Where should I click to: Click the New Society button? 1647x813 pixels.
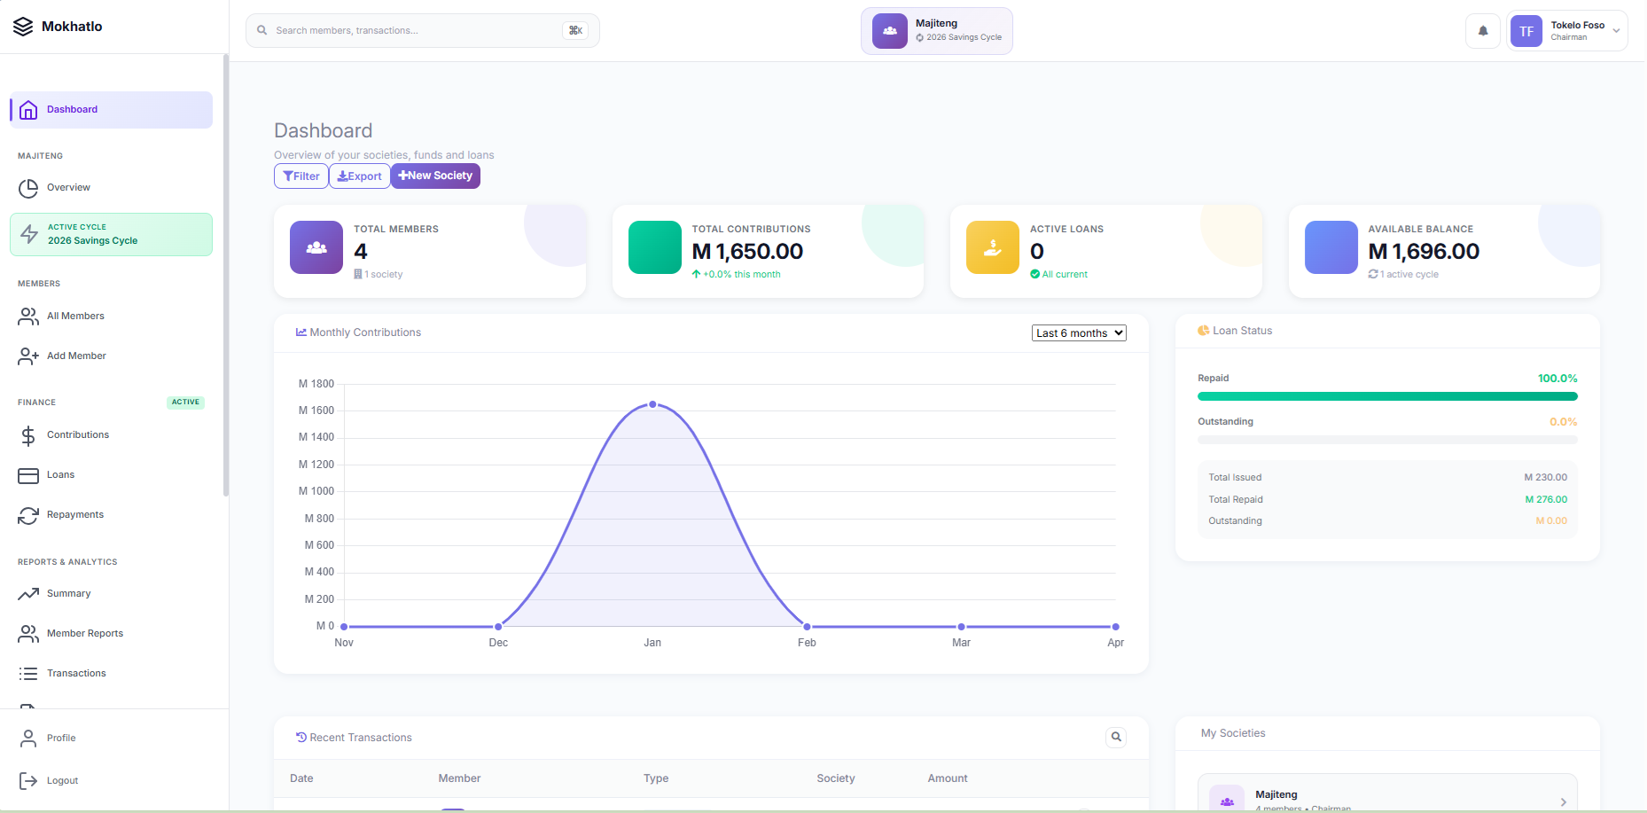point(435,176)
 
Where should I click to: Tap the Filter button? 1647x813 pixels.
point(301,176)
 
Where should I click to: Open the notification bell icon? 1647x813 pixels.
point(1483,31)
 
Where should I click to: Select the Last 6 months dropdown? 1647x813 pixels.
point(1079,333)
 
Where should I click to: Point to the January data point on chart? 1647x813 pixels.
point(652,404)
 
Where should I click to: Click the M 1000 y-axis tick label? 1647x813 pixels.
point(316,491)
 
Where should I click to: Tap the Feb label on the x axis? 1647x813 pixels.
point(807,643)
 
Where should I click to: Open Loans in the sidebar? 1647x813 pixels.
point(60,475)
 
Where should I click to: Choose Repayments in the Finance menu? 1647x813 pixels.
point(75,515)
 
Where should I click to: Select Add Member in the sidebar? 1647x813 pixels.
point(76,356)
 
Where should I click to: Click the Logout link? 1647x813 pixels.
point(62,781)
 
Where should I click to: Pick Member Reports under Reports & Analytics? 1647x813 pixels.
point(85,634)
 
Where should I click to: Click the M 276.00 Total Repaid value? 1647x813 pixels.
point(1546,499)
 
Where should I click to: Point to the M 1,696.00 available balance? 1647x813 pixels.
point(1424,252)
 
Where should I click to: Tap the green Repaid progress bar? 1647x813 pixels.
point(1387,396)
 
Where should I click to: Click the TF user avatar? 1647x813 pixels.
point(1526,31)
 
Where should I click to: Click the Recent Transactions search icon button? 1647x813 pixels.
point(1116,737)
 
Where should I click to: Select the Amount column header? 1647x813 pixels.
point(948,778)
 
